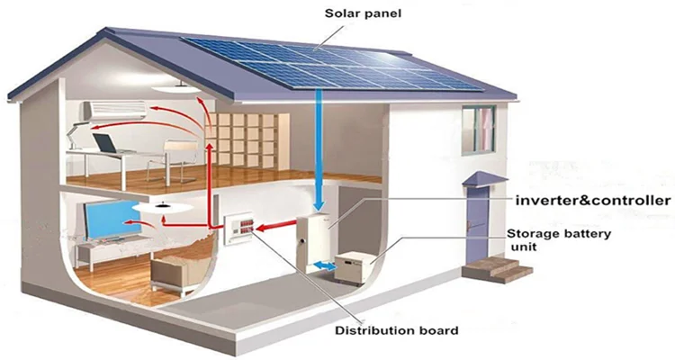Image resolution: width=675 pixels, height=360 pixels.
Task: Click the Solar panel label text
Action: click(363, 13)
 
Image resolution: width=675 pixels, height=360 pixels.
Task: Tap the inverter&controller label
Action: click(593, 200)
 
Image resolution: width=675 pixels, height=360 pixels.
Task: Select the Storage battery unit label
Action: click(558, 240)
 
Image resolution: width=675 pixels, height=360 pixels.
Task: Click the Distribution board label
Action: click(397, 330)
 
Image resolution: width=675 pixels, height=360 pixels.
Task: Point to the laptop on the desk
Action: click(105, 144)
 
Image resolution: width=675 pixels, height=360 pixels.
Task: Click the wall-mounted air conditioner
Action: click(114, 111)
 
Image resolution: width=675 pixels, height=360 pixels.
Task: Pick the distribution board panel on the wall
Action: click(238, 230)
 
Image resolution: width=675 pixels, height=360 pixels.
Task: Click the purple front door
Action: click(477, 224)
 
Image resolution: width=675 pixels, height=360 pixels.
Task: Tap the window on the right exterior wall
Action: click(479, 130)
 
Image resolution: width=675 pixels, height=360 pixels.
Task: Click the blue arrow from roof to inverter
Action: click(318, 149)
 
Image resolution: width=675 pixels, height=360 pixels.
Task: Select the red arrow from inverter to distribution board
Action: click(276, 227)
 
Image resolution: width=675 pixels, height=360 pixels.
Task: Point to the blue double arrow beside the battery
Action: click(325, 265)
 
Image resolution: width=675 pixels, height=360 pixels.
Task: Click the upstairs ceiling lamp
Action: click(176, 89)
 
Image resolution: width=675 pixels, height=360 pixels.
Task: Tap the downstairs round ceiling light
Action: click(162, 208)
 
